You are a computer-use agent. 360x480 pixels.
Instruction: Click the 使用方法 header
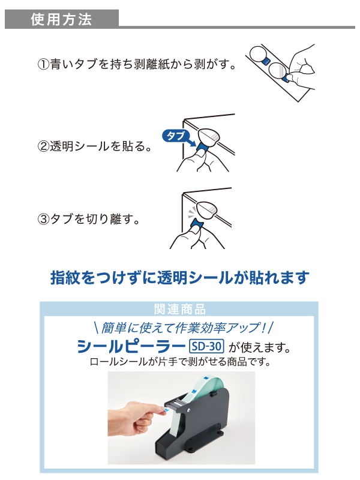(61, 19)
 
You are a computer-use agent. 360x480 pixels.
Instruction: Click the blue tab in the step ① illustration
(286, 77)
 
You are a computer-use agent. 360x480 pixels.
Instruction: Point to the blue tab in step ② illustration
(203, 145)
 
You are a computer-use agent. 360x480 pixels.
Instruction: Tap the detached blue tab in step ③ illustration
(197, 226)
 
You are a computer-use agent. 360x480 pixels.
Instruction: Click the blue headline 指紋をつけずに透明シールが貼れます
(179, 278)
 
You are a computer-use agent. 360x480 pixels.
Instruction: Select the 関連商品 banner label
(179, 310)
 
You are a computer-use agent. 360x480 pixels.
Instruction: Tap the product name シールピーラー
(131, 347)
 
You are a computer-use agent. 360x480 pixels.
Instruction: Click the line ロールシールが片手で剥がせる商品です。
(179, 362)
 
